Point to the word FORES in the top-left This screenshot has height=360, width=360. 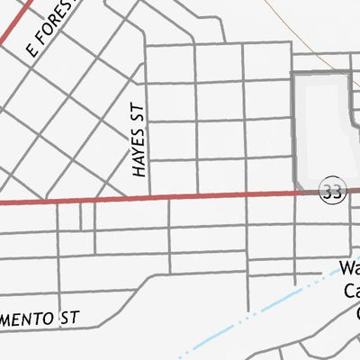click(51, 33)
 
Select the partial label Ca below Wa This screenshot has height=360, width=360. click(351, 291)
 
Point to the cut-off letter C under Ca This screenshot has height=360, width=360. click(355, 312)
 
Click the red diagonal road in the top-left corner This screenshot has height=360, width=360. click(16, 20)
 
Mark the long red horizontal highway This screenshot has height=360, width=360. click(180, 196)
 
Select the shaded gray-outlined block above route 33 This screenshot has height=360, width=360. click(322, 126)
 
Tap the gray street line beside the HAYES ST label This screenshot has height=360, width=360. click(148, 135)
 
